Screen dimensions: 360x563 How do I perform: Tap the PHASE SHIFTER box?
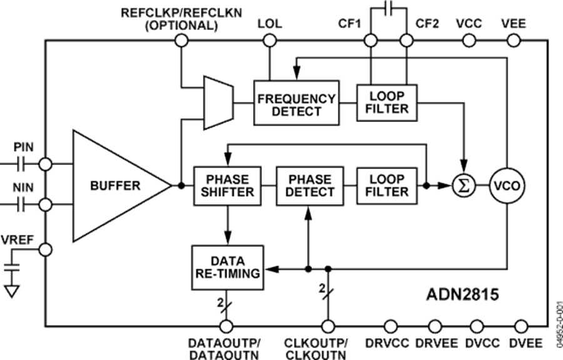223,185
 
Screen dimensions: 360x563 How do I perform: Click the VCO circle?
506,185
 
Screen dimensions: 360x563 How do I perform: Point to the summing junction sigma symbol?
464,185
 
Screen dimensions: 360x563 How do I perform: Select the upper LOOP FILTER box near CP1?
388,102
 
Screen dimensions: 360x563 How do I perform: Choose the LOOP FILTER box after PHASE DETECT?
388,185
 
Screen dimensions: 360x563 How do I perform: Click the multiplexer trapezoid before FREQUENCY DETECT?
218,102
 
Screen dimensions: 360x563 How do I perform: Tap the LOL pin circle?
270,41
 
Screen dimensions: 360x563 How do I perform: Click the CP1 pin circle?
370,41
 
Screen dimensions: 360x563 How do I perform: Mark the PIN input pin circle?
45,164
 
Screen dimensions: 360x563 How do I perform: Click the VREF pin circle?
45,249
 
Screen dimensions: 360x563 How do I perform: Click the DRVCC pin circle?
390,326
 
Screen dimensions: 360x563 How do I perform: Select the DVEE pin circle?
521,326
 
